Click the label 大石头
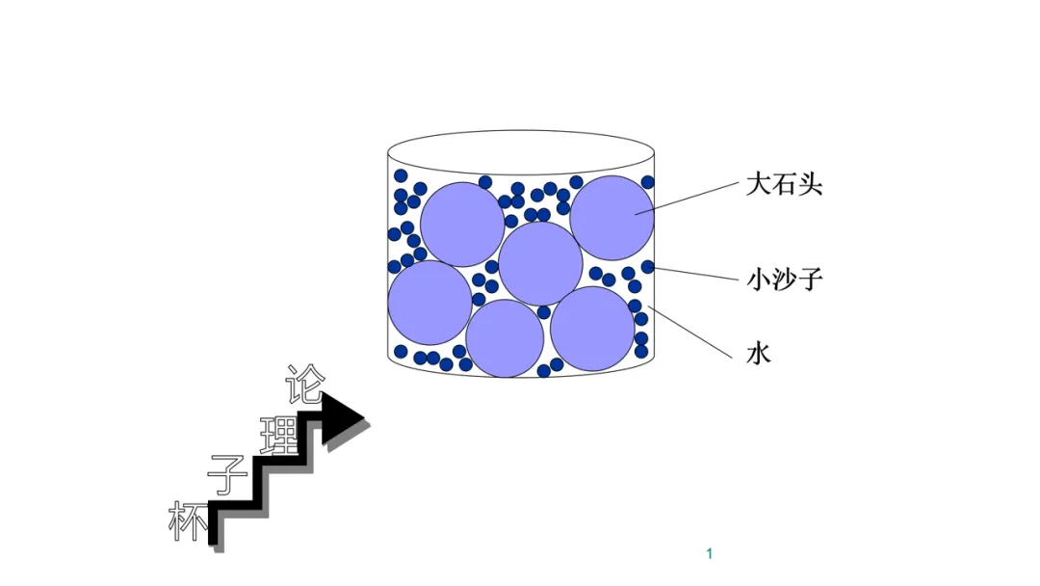(x=784, y=185)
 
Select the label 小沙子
(x=785, y=280)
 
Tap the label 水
(x=759, y=354)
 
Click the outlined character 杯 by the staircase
(x=188, y=521)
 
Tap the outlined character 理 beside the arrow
(x=279, y=435)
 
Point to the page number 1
(x=709, y=553)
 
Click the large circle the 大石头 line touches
(x=612, y=218)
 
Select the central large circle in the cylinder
(x=540, y=262)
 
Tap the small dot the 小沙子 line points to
(x=648, y=267)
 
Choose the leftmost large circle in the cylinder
(x=429, y=302)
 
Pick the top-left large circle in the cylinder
(x=462, y=224)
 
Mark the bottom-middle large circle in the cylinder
(x=505, y=338)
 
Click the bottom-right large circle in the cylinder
(x=592, y=329)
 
